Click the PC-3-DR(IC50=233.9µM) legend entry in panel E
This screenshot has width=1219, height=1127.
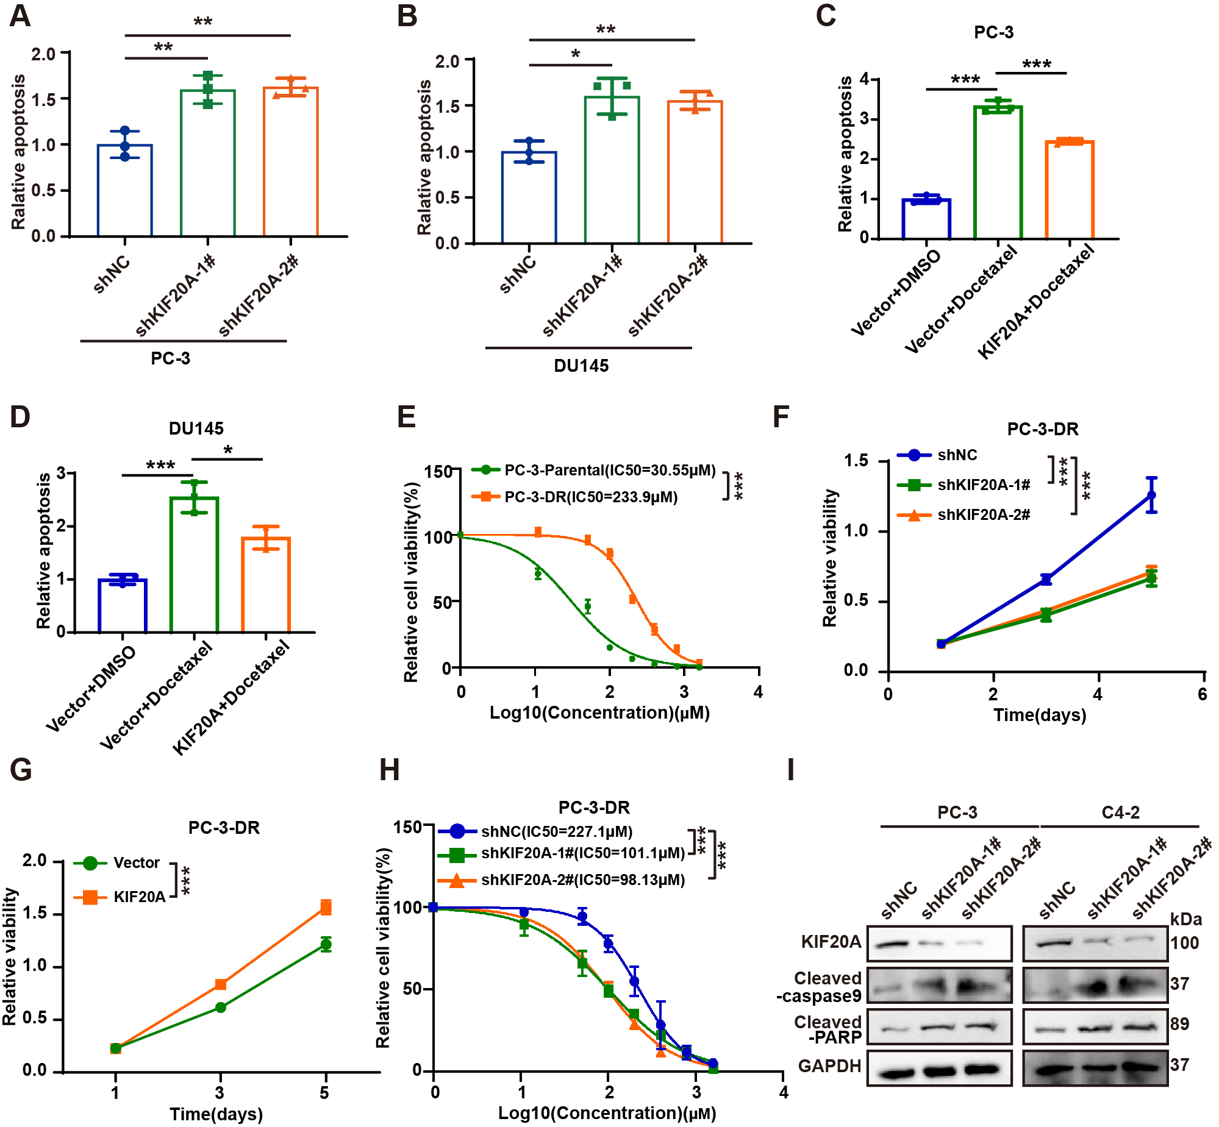point(590,497)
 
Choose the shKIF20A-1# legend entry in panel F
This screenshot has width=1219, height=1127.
point(983,485)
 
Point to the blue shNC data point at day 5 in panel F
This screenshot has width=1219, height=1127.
point(1151,495)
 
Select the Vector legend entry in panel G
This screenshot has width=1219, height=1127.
point(136,863)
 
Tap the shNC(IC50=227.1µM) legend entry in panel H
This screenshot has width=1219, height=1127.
point(556,832)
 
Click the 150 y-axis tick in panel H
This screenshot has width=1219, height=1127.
point(407,828)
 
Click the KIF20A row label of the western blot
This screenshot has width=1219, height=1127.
point(831,942)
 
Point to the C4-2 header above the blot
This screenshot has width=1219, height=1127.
point(1120,812)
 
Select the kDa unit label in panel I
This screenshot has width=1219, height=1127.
point(1185,919)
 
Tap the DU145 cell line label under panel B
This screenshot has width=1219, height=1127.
point(581,366)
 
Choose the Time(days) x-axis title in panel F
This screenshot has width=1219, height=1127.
point(1040,715)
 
